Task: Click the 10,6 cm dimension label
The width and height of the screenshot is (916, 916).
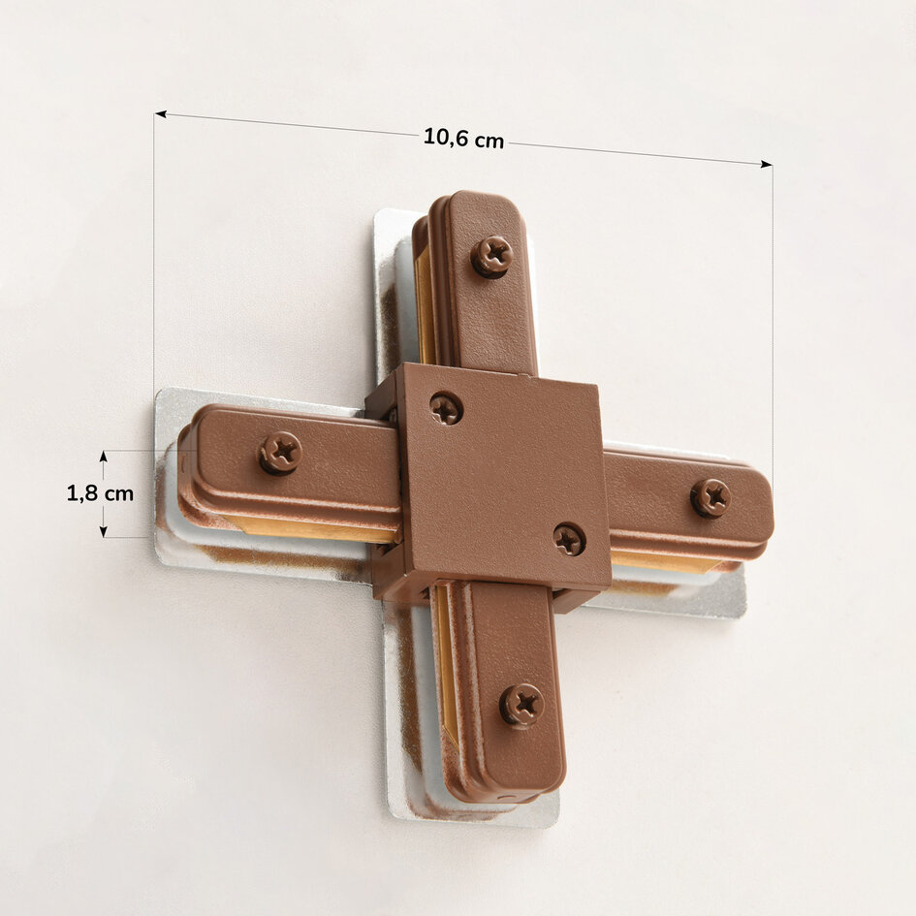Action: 463,139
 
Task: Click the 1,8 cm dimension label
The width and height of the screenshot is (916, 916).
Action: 100,493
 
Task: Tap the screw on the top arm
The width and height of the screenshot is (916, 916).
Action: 491,257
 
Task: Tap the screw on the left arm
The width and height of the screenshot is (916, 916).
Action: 280,453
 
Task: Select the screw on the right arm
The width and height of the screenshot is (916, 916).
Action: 711,497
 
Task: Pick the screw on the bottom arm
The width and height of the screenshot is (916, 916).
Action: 521,705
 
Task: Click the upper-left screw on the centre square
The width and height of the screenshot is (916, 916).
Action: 446,408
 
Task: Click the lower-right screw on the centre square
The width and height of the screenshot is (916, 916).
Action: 570,539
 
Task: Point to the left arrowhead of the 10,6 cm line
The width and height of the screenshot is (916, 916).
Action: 160,114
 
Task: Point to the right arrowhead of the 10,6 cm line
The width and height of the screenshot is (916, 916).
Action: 767,165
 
